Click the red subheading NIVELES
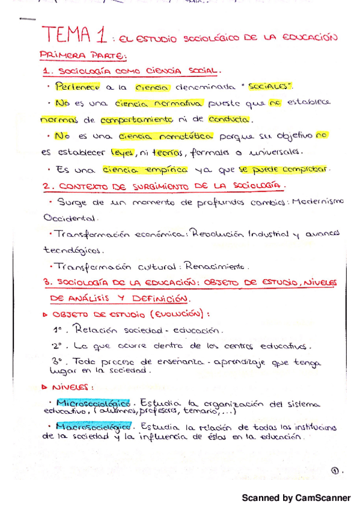point(70,387)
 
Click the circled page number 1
point(334,471)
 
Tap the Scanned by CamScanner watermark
point(296,498)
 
